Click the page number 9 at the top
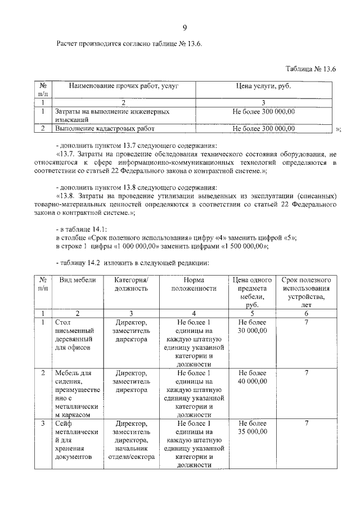(184, 28)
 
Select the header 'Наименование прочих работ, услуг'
(123, 85)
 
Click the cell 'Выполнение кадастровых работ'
(104, 128)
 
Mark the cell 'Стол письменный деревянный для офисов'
(73, 336)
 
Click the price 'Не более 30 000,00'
(253, 327)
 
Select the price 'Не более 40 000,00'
(253, 377)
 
